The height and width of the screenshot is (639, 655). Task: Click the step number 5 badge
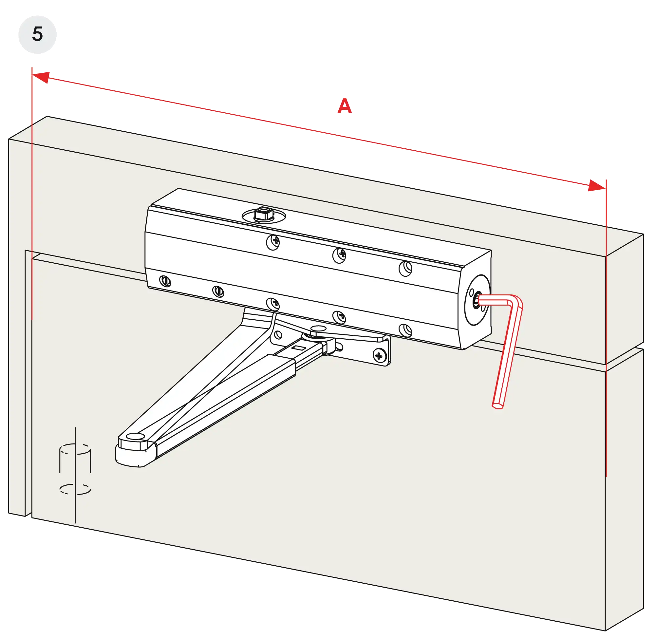pyautogui.click(x=38, y=34)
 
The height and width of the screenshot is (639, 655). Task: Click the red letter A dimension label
pyautogui.click(x=345, y=106)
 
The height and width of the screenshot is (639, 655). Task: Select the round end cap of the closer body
pyautogui.click(x=477, y=300)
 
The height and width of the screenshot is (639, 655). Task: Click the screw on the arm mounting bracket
pyautogui.click(x=379, y=355)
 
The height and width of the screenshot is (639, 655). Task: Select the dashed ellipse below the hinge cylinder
pyautogui.click(x=75, y=489)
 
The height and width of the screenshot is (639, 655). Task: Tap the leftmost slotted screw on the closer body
pyautogui.click(x=165, y=281)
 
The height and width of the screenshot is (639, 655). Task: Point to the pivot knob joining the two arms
pyautogui.click(x=317, y=330)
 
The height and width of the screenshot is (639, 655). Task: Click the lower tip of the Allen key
pyautogui.click(x=497, y=406)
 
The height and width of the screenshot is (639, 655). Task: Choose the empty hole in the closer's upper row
pyautogui.click(x=405, y=269)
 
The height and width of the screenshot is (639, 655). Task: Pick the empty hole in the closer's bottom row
pyautogui.click(x=405, y=330)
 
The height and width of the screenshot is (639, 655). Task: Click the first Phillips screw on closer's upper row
pyautogui.click(x=273, y=242)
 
